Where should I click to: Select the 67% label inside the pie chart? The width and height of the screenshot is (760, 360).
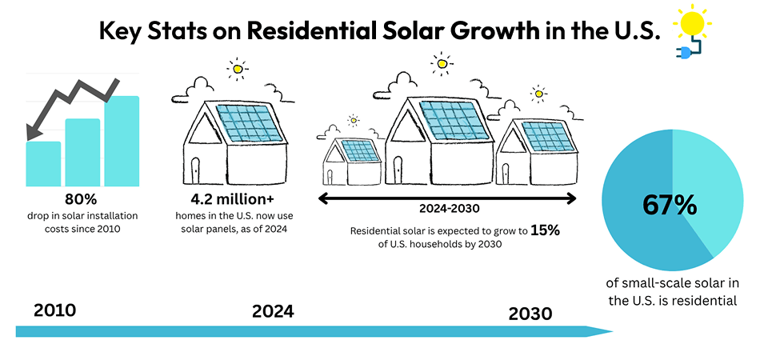(x=670, y=205)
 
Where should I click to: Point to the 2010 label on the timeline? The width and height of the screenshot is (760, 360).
(x=55, y=310)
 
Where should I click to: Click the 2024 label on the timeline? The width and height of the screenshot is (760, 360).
(x=273, y=311)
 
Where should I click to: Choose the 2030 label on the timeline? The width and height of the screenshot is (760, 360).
(x=530, y=314)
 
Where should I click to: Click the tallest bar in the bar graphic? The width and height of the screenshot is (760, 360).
(x=121, y=141)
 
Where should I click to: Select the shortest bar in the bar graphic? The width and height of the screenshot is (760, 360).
(x=43, y=163)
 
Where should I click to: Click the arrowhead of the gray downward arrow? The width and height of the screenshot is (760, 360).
(x=32, y=132)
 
